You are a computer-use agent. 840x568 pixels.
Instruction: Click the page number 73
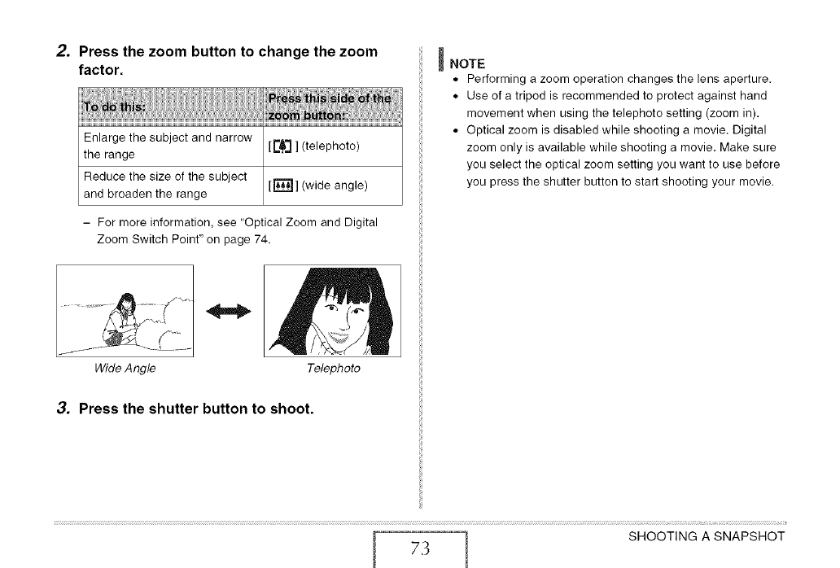[420, 546]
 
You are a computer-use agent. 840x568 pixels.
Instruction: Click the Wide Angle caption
[125, 369]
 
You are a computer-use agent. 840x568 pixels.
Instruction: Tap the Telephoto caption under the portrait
[333, 369]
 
